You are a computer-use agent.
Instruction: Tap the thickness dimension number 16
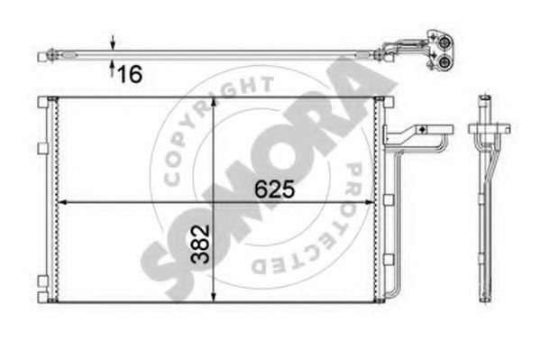click(x=131, y=74)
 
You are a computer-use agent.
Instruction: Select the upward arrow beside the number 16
click(x=112, y=71)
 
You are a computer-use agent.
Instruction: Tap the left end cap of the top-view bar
click(x=43, y=57)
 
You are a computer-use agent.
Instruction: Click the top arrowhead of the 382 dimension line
click(x=213, y=102)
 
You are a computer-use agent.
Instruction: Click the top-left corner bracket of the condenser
click(x=43, y=100)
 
